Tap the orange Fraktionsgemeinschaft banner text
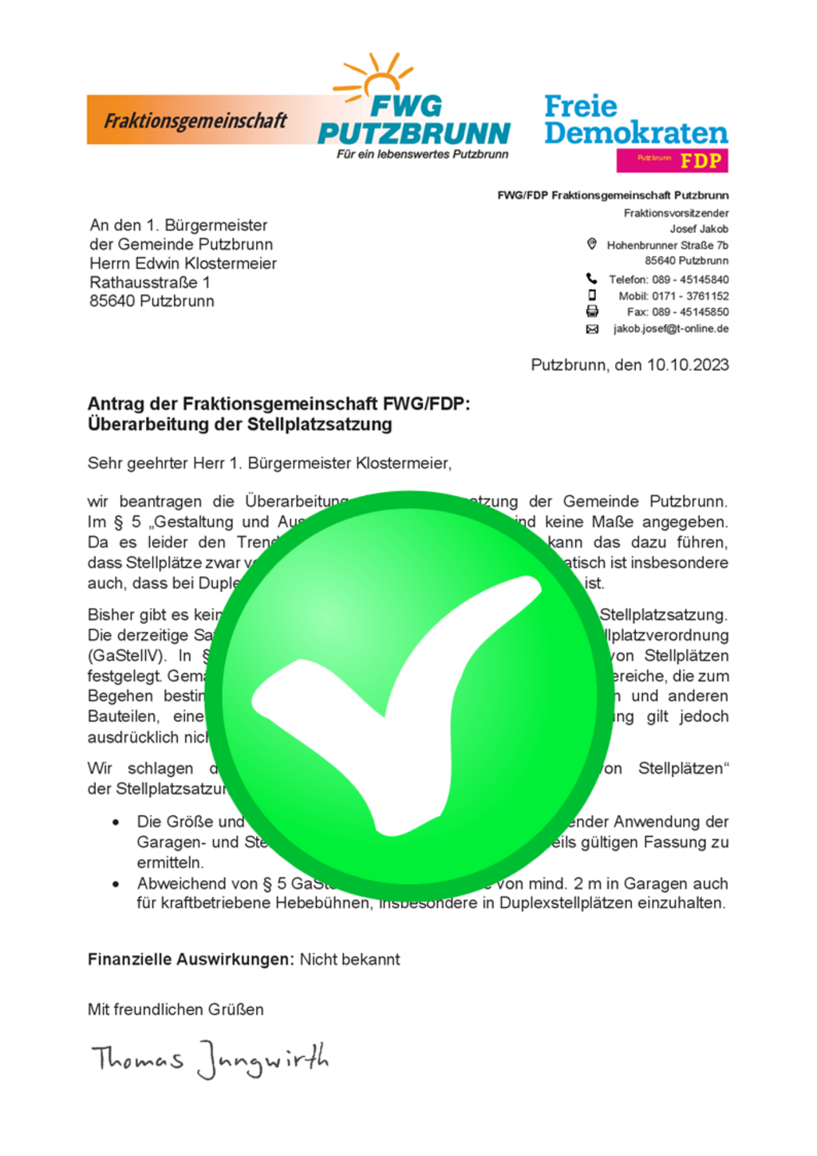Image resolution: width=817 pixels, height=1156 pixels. pyautogui.click(x=195, y=120)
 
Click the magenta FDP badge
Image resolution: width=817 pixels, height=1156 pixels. pyautogui.click(x=672, y=160)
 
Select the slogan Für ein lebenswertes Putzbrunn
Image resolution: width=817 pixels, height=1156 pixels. pyautogui.click(x=422, y=154)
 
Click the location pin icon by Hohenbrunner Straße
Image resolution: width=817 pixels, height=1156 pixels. pyautogui.click(x=591, y=244)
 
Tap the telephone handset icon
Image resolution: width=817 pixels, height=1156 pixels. pyautogui.click(x=591, y=278)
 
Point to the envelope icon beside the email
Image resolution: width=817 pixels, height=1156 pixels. pyautogui.click(x=592, y=329)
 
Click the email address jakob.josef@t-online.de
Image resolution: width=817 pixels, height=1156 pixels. pyautogui.click(x=670, y=329)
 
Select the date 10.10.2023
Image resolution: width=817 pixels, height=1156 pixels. pyautogui.click(x=687, y=365)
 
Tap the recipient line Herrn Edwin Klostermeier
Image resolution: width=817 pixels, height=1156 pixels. pyautogui.click(x=183, y=263)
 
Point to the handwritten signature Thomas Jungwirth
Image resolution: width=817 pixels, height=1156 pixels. pyautogui.click(x=210, y=1059)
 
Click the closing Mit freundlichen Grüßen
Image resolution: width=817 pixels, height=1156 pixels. pyautogui.click(x=176, y=1009)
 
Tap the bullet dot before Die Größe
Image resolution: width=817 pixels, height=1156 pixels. pyautogui.click(x=116, y=823)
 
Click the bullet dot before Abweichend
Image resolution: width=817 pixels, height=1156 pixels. pyautogui.click(x=116, y=884)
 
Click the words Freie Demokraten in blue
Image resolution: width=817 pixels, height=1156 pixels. pyautogui.click(x=635, y=119)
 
